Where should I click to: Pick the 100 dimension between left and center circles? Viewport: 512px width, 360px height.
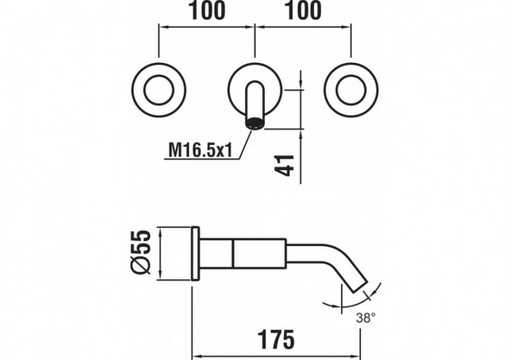(205, 12)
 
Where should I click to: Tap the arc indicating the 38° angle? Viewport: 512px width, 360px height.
(348, 305)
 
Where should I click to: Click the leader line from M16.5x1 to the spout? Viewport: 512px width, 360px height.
(242, 146)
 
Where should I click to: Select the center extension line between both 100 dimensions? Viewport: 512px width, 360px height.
(255, 41)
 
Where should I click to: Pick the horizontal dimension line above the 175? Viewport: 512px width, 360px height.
(273, 354)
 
